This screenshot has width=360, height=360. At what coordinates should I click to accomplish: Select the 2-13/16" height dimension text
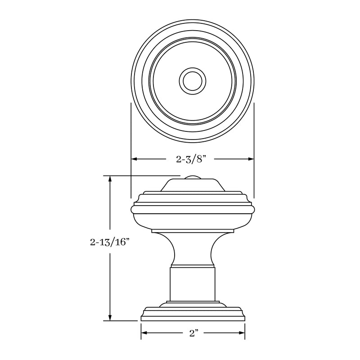[x=110, y=243]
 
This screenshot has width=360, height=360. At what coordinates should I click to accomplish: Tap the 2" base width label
[x=194, y=333]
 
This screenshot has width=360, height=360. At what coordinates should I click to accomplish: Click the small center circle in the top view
[x=193, y=81]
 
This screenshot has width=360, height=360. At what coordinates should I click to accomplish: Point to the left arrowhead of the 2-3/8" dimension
[x=134, y=159]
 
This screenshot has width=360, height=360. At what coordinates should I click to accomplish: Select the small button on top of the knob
[x=193, y=177]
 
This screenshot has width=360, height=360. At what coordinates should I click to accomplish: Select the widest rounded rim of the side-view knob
[x=193, y=208]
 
